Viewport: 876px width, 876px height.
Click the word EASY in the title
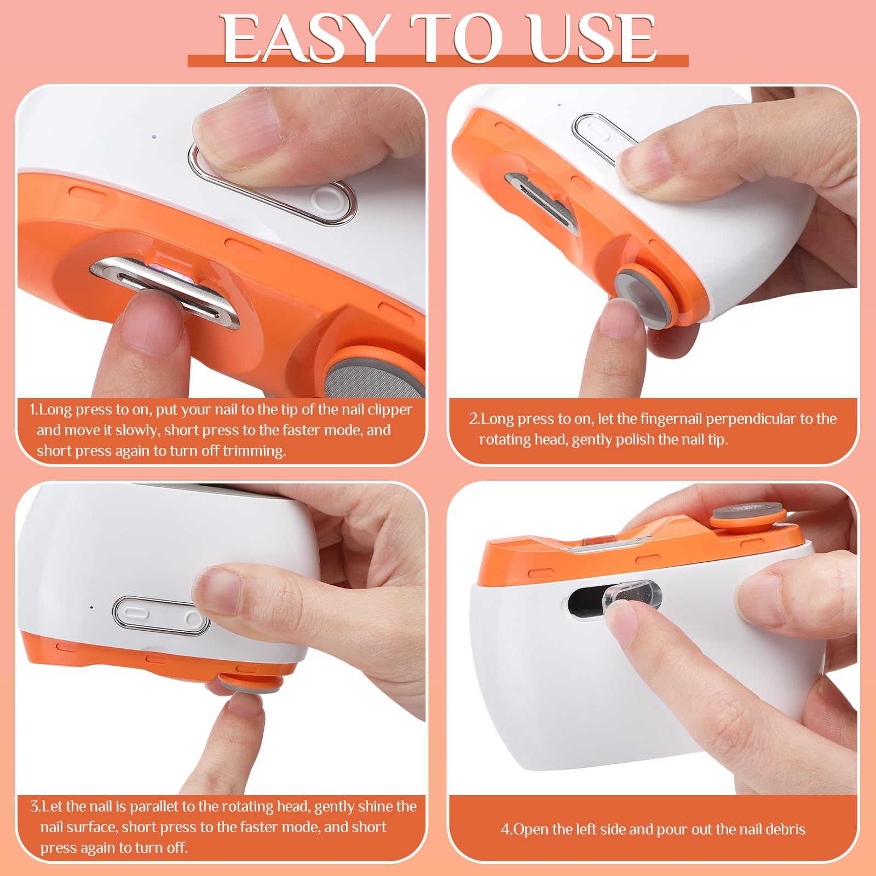304,39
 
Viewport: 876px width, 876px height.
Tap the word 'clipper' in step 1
390,410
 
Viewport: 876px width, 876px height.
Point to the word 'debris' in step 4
786,829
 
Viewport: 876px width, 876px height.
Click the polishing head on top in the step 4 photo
748,514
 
